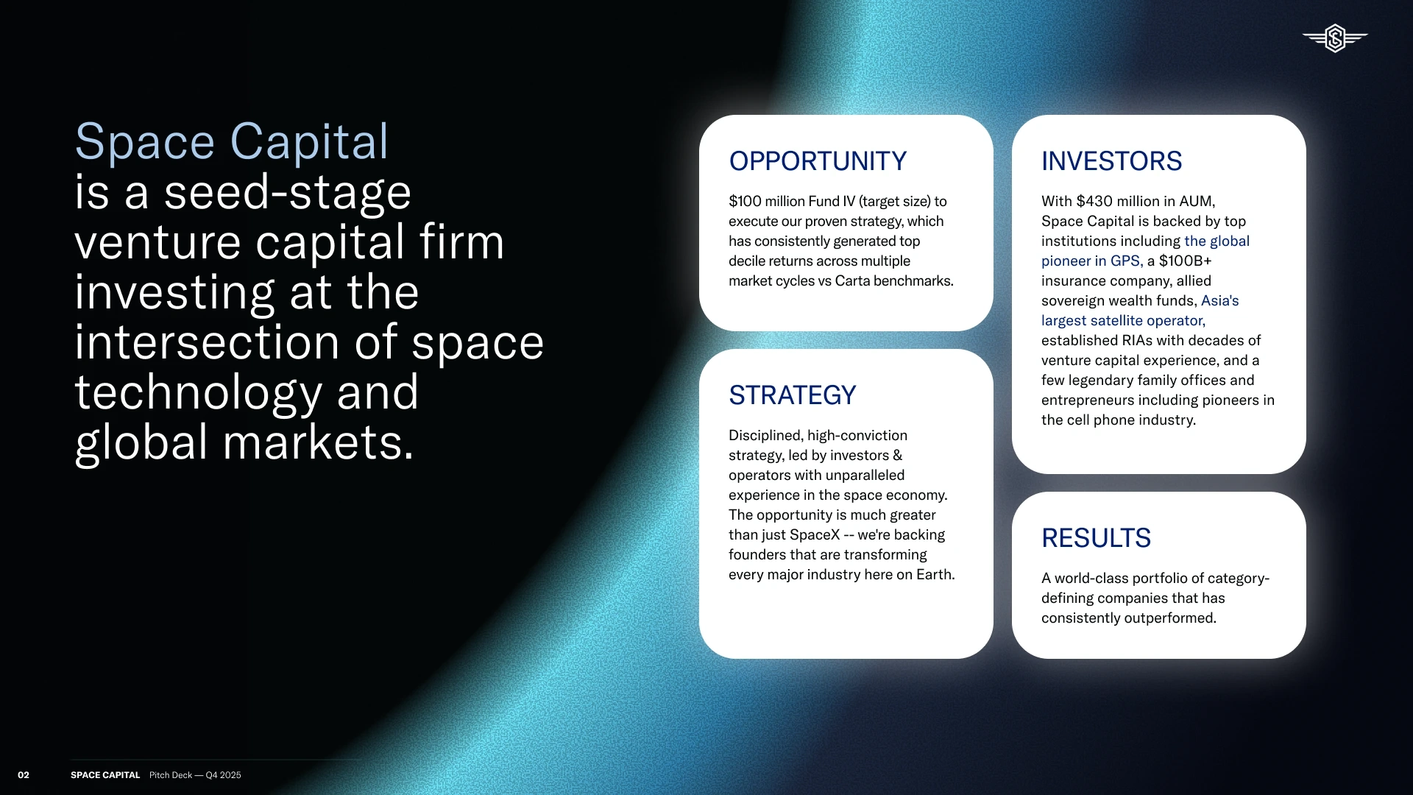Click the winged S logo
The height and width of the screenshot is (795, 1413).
click(1335, 38)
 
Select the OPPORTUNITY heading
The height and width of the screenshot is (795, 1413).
click(818, 161)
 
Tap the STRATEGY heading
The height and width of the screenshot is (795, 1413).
click(793, 395)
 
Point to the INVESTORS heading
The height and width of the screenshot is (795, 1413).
click(1111, 161)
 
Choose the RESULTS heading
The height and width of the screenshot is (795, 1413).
click(1096, 538)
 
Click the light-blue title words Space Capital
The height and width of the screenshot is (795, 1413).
click(231, 141)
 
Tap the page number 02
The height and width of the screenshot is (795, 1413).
click(24, 775)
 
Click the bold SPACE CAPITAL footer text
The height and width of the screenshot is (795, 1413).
click(105, 775)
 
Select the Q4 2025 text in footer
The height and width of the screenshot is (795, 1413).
click(223, 775)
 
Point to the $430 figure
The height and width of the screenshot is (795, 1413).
click(1094, 201)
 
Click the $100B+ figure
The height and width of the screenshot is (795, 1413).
click(1185, 261)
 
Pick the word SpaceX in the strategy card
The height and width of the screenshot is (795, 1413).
click(815, 535)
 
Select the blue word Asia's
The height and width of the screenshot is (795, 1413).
click(1220, 300)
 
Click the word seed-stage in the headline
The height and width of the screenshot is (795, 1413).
click(287, 193)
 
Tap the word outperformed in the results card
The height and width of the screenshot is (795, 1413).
click(1171, 618)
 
